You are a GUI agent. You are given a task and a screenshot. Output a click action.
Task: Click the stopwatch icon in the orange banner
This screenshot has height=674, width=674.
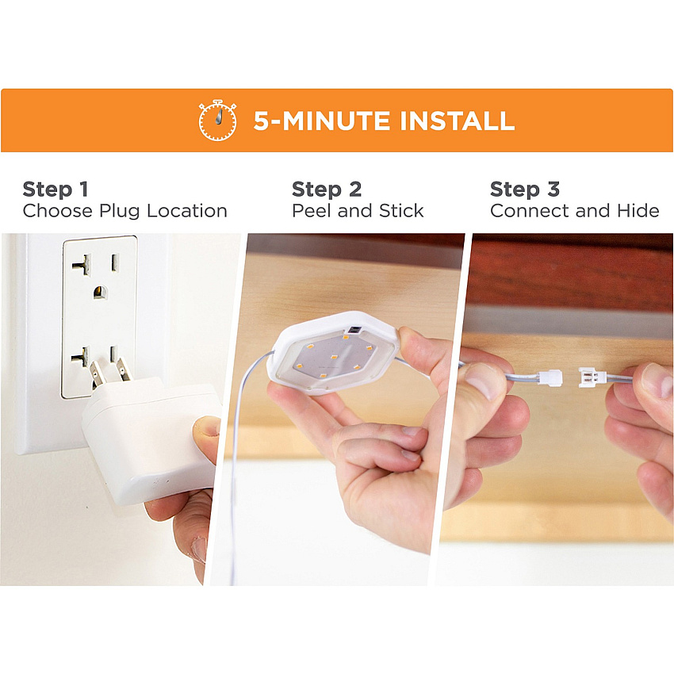pos(217,121)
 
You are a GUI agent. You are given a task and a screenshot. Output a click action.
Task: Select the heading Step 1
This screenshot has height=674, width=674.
pos(56,190)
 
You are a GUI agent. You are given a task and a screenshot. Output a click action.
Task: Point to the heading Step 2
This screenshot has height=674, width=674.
pos(327,190)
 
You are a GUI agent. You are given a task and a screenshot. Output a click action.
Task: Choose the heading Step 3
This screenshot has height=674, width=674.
pos(525,190)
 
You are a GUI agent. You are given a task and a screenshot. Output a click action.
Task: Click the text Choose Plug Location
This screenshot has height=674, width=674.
pos(124,211)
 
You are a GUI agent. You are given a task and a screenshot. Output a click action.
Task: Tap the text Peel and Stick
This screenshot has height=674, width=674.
pos(358,211)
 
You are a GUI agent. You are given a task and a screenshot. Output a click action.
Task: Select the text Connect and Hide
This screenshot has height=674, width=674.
pos(575,211)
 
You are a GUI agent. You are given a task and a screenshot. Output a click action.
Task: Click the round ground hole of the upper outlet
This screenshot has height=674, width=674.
pos(100,293)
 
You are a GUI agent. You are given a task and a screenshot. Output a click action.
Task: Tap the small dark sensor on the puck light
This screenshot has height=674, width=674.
pos(354,330)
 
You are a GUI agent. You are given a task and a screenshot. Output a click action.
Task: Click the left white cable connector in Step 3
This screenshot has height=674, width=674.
pos(550,377)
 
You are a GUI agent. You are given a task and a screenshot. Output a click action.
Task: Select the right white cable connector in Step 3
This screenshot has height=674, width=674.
pos(592,377)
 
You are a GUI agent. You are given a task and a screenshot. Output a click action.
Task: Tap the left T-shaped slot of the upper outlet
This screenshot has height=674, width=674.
pos(82,264)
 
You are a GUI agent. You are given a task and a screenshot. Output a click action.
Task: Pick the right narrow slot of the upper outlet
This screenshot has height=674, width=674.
pos(115,262)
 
